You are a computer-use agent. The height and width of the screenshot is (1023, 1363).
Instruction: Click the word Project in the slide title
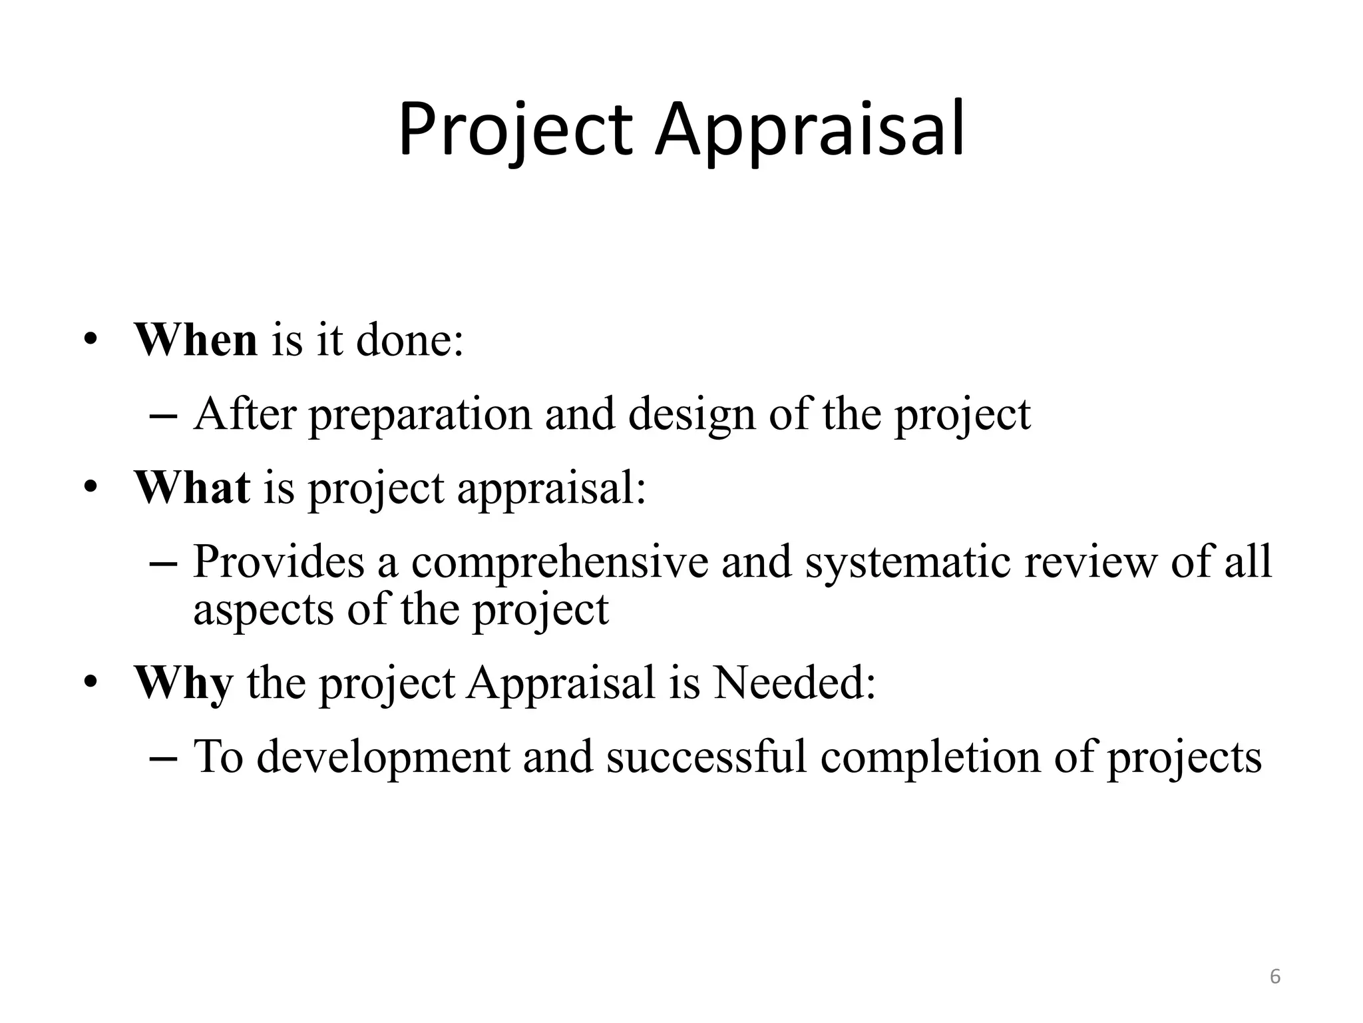(x=514, y=130)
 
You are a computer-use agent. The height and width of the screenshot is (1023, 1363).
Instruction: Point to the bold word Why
(x=184, y=683)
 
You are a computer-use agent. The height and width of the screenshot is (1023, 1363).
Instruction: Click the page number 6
(x=1274, y=977)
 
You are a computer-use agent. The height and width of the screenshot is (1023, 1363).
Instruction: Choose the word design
(x=691, y=415)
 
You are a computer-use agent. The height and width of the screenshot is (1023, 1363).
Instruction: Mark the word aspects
(x=264, y=609)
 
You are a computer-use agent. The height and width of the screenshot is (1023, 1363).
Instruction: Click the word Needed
(x=794, y=683)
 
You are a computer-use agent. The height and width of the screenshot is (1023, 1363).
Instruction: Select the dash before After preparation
(x=164, y=416)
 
